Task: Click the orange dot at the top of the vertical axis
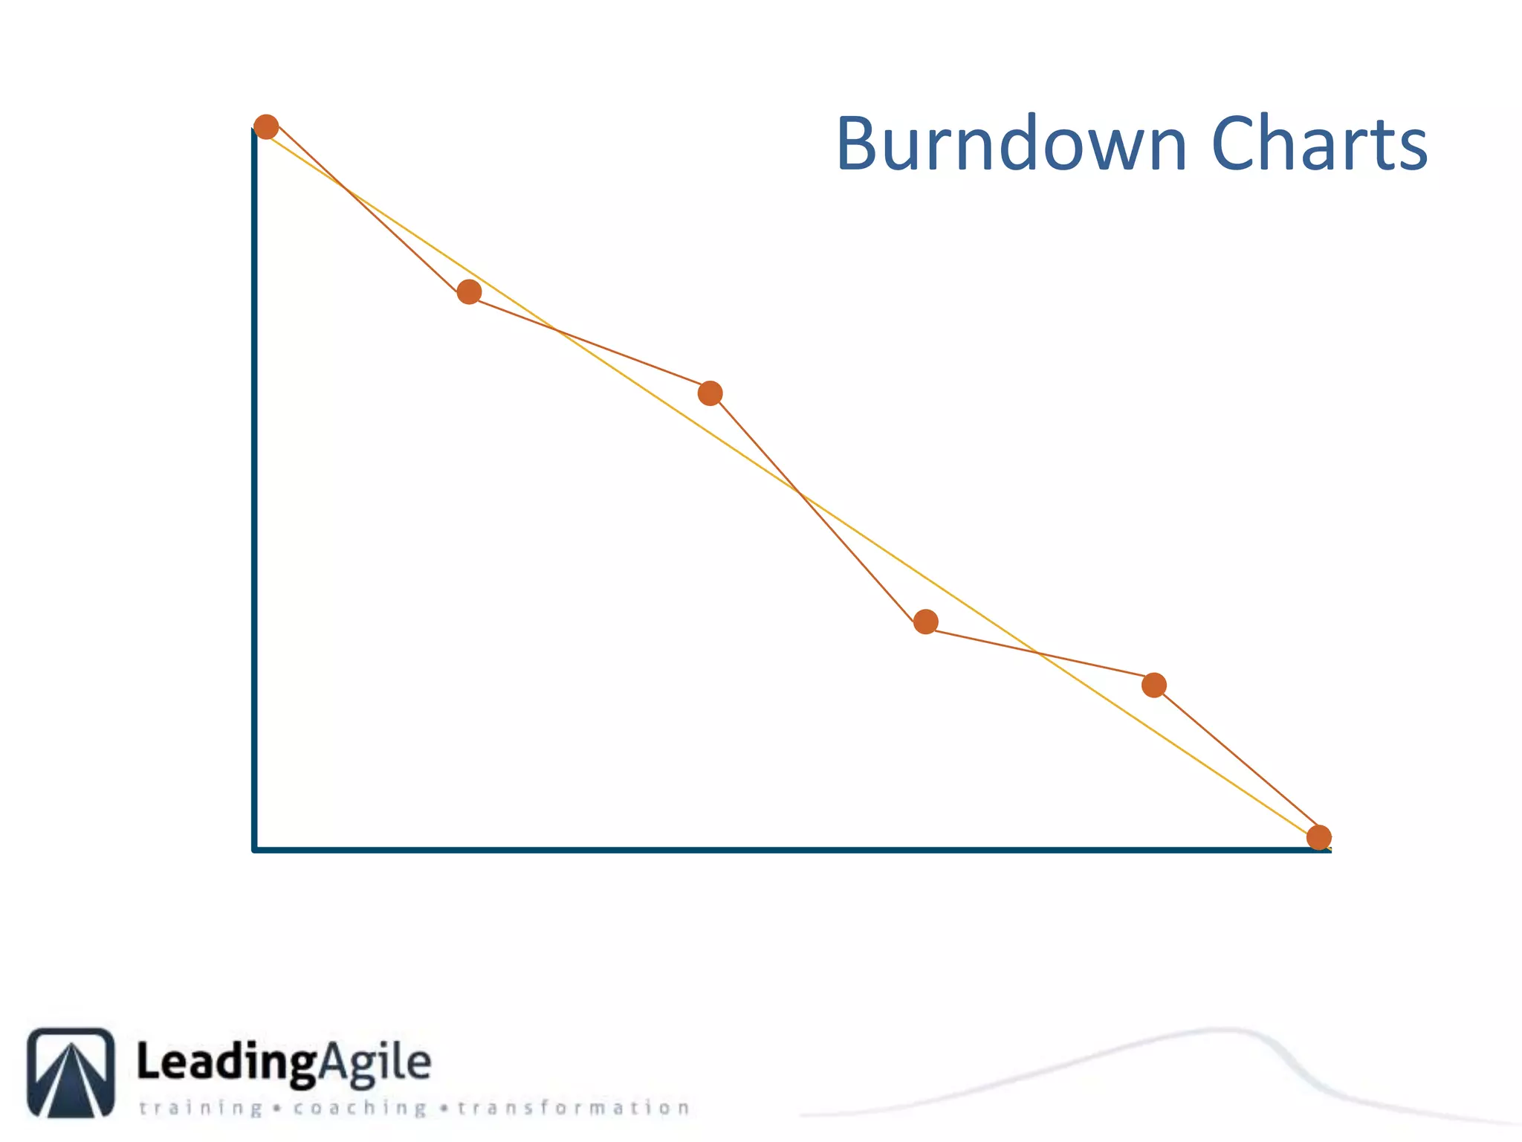(x=266, y=127)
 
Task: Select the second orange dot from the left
(x=469, y=292)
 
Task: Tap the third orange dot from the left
(x=710, y=393)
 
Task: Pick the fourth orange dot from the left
(x=925, y=622)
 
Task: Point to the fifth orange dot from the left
(x=1153, y=685)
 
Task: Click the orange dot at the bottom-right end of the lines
(x=1318, y=837)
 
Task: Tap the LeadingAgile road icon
(x=71, y=1072)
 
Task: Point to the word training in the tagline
(x=201, y=1109)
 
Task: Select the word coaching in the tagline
(x=360, y=1109)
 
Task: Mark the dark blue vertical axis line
(x=255, y=483)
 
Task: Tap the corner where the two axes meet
(x=255, y=849)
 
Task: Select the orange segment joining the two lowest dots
(x=1236, y=761)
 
